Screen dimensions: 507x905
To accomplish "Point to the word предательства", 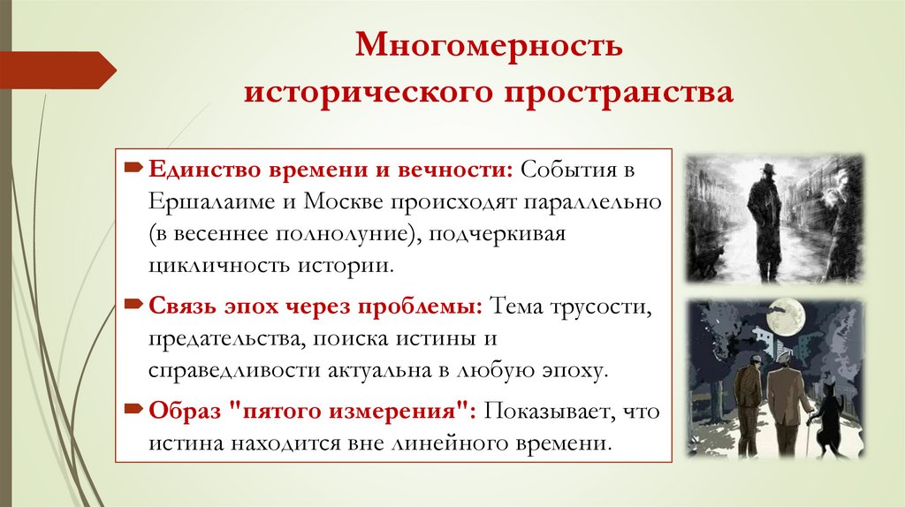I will click(x=214, y=337).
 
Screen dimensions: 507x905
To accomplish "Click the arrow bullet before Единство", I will click(x=133, y=167).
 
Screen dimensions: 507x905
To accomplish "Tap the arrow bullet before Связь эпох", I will click(x=133, y=305).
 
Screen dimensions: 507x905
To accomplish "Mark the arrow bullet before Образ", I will click(x=133, y=411).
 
